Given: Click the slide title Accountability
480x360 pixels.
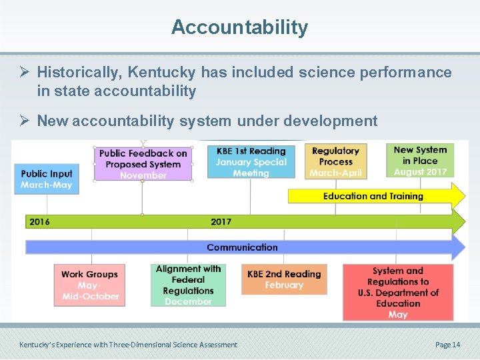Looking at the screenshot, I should click(x=239, y=27).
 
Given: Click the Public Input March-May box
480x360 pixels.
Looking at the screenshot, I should click(x=47, y=179).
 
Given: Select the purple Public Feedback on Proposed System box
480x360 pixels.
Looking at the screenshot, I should click(x=143, y=163).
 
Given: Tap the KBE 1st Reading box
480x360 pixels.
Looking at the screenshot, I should click(x=251, y=161).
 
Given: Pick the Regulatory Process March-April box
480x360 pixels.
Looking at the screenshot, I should click(x=336, y=161).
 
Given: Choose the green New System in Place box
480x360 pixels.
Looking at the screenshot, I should click(x=420, y=161).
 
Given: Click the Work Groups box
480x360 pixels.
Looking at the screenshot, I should click(x=89, y=285).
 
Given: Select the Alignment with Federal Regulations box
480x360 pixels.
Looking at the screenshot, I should click(x=188, y=285).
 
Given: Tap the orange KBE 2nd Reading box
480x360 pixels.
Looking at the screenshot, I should click(x=284, y=279).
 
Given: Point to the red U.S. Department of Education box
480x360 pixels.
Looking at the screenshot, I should click(x=398, y=292).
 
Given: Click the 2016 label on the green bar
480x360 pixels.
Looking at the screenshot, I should click(x=39, y=221).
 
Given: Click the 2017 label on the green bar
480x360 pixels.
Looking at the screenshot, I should click(x=221, y=221).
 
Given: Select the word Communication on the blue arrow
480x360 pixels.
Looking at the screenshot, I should click(x=242, y=247).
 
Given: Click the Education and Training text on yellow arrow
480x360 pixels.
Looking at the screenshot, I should click(x=373, y=196).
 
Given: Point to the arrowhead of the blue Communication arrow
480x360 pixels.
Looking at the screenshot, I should click(x=459, y=247).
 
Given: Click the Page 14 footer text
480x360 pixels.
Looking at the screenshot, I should click(x=447, y=345).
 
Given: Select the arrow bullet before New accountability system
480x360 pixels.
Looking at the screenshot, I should click(x=25, y=121).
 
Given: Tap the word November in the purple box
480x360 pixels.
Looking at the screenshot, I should click(x=143, y=175).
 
